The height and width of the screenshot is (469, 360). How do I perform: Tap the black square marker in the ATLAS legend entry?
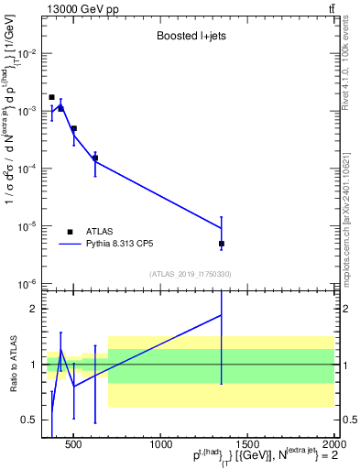tap(70, 232)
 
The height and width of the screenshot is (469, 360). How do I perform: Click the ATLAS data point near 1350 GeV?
tap(222, 244)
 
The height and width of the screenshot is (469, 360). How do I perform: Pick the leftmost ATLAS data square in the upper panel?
tap(52, 97)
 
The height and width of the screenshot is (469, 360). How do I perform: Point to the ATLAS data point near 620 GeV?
tap(95, 158)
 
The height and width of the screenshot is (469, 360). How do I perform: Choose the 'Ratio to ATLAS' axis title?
tap(14, 365)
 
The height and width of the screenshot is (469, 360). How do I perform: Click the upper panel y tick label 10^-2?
tap(27, 53)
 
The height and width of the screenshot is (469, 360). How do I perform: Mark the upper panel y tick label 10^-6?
tap(27, 283)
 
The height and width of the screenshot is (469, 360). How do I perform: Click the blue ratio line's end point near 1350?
tap(222, 315)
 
